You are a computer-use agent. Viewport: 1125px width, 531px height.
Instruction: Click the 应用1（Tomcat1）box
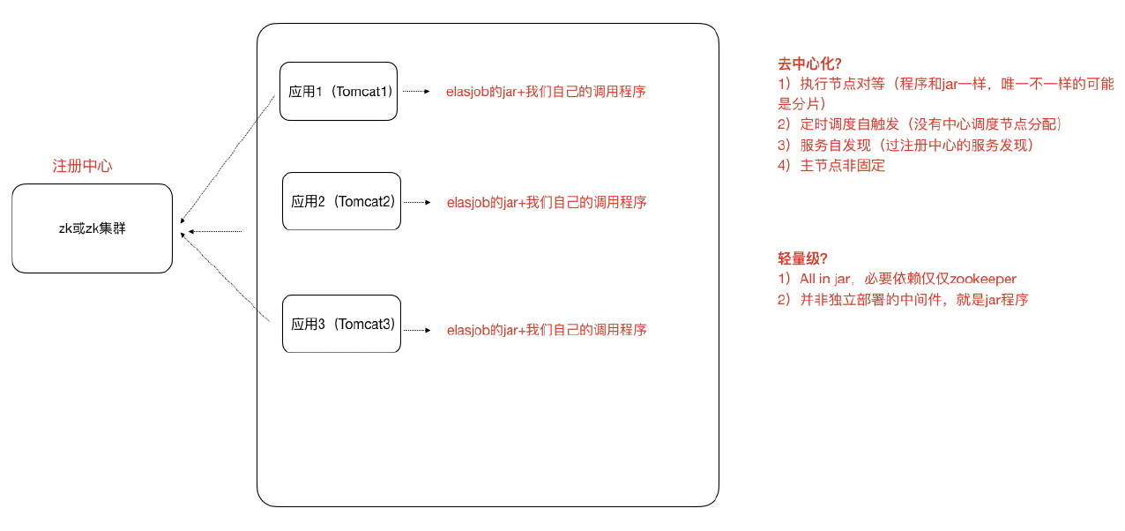[338, 91]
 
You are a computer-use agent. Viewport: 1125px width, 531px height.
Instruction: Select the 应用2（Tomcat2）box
[341, 202]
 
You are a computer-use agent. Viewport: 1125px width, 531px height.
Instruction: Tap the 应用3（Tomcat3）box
[341, 324]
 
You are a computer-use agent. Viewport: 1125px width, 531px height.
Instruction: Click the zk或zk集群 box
[92, 228]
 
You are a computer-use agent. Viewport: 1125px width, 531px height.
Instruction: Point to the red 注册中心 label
[83, 166]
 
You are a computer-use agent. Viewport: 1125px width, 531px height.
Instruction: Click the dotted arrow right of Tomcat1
[415, 91]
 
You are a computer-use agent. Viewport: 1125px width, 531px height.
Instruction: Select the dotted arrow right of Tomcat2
[417, 202]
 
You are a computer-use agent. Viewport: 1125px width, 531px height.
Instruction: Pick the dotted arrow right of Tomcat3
[417, 330]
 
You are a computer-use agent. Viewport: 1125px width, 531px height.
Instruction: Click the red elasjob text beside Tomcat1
[546, 91]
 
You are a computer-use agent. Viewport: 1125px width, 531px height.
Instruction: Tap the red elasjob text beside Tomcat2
[546, 202]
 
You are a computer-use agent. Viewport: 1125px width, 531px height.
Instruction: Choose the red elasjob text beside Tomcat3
[546, 330]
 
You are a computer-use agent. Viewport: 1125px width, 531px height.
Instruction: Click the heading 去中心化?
[808, 64]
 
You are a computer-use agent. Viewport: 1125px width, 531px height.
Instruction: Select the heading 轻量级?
[801, 258]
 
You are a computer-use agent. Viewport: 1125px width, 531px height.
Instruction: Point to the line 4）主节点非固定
[831, 165]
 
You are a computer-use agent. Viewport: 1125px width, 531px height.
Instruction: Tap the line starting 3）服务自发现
[905, 145]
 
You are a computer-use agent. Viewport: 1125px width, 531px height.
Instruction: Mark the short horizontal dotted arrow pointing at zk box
[215, 232]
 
